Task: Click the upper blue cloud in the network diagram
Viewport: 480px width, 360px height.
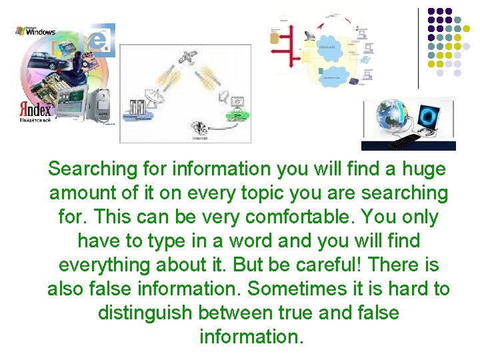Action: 327,47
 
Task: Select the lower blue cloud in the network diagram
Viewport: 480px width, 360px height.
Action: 331,76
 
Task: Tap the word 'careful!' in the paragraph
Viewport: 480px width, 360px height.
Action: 324,265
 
